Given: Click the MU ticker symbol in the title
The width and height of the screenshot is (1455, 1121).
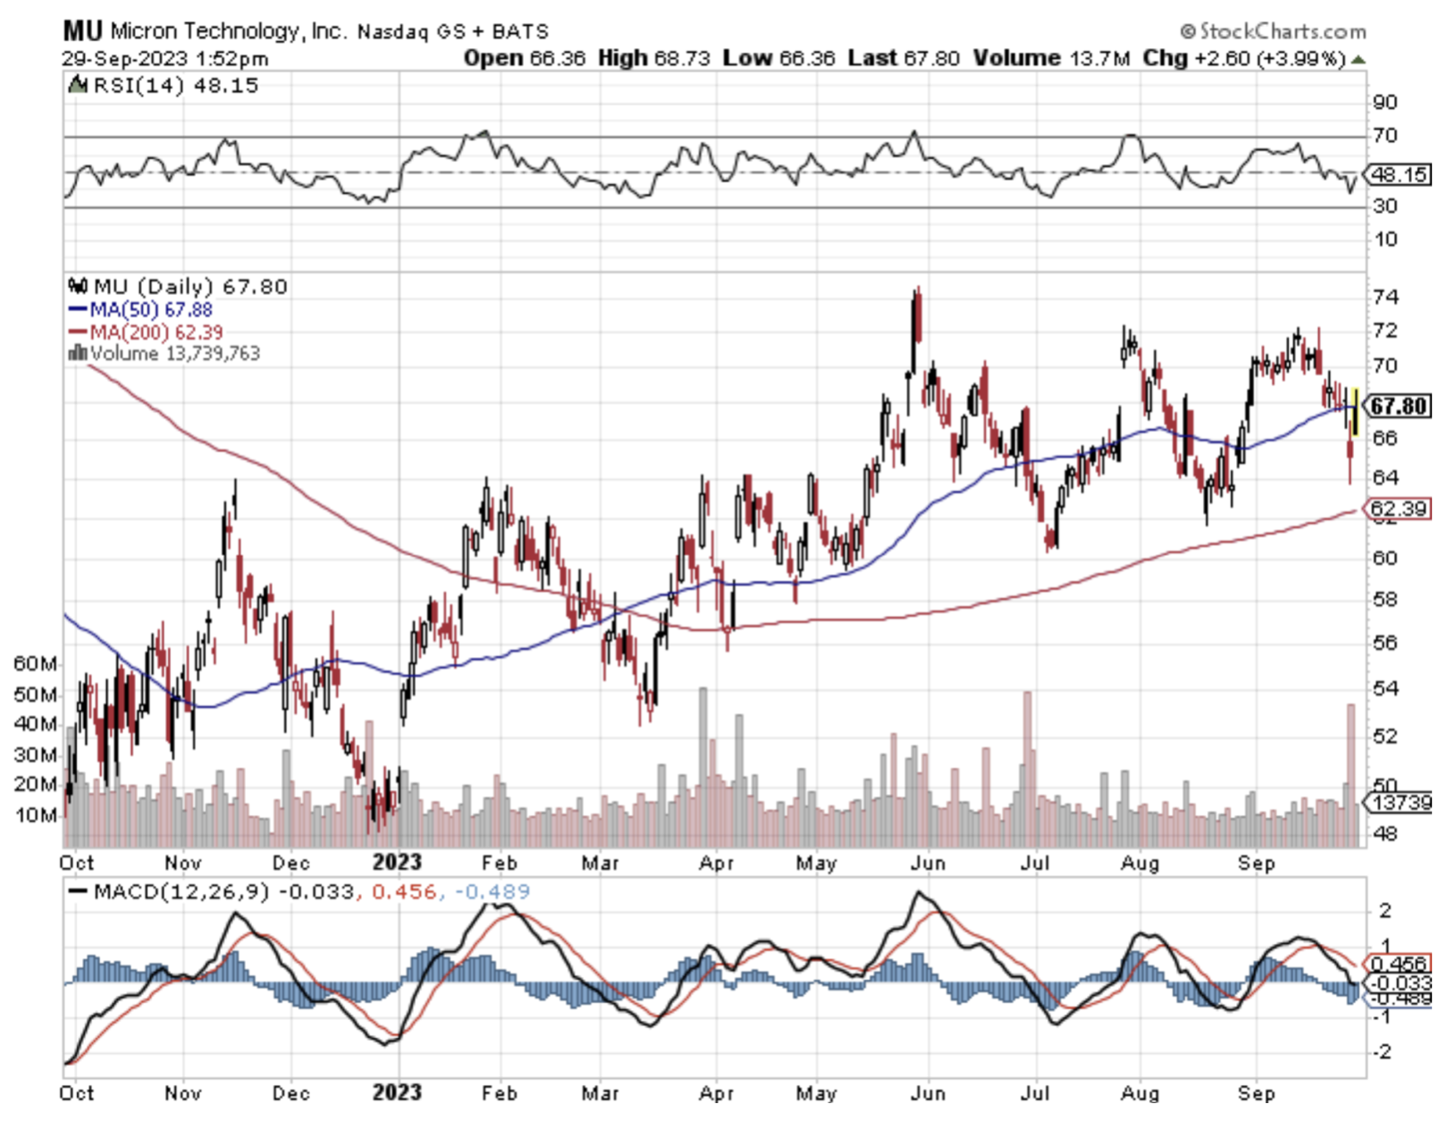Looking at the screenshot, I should [x=81, y=31].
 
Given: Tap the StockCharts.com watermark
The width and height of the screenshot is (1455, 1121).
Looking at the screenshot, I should [x=1274, y=31].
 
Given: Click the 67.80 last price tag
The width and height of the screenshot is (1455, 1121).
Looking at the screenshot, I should [x=1399, y=406].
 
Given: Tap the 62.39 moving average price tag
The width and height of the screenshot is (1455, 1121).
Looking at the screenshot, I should [x=1399, y=509].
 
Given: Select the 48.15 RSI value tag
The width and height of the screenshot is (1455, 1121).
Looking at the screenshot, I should [x=1399, y=174].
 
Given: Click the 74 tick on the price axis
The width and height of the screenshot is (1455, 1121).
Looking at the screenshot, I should [x=1385, y=296].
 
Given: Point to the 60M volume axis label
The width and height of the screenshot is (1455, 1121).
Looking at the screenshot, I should [x=34, y=663].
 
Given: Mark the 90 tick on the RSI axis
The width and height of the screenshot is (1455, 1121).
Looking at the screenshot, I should [x=1385, y=102].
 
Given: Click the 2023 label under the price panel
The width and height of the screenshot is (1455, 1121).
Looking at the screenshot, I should [x=396, y=862].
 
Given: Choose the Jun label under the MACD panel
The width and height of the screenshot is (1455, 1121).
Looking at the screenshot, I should [x=929, y=1092].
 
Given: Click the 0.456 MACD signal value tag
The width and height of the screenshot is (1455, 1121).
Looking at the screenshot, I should [x=1399, y=964].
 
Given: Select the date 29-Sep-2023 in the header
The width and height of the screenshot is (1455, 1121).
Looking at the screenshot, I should [x=124, y=59].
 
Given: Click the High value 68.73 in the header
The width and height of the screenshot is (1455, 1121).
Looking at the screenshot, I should [x=682, y=59].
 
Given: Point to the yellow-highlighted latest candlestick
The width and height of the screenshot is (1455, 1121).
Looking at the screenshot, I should [x=1356, y=411].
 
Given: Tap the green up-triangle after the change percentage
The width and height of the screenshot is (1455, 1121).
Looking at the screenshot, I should [x=1358, y=60].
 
